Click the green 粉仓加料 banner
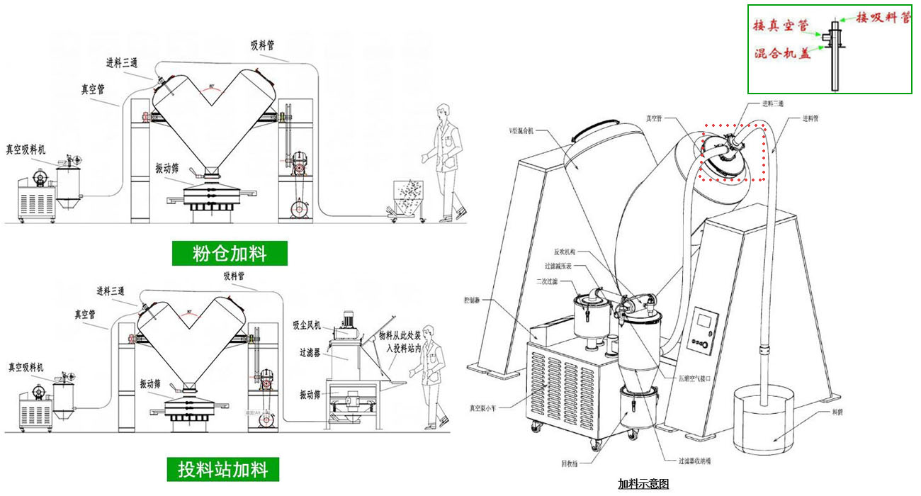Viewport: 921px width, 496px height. click(230, 253)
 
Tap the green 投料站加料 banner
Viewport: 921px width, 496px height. click(223, 469)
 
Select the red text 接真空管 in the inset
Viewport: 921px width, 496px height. click(779, 26)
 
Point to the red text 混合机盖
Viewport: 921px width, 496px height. click(782, 53)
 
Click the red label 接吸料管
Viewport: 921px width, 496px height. click(883, 18)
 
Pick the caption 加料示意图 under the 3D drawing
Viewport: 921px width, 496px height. click(643, 484)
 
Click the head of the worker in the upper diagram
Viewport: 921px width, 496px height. click(443, 111)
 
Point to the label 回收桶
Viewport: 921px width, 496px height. click(570, 464)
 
